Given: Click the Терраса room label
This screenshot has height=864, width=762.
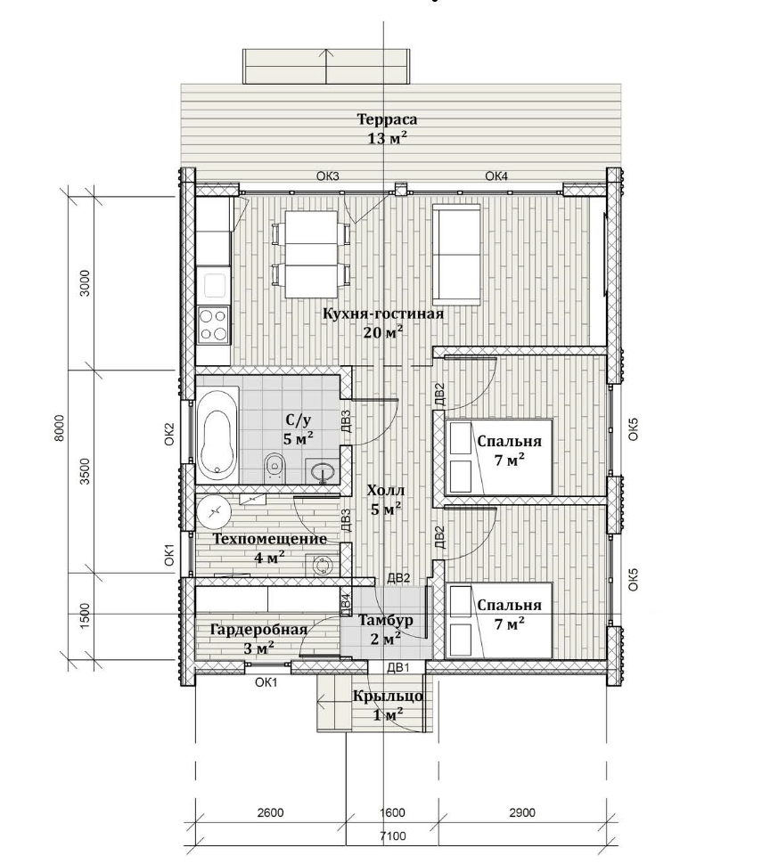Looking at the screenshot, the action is coord(387,119).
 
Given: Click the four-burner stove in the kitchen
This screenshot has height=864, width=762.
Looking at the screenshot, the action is coord(213,324).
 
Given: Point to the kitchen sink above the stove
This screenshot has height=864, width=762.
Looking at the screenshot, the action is coord(213,285).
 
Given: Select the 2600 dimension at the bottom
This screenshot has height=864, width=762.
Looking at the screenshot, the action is coord(270,812).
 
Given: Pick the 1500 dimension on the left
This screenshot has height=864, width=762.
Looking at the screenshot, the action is coord(85,616).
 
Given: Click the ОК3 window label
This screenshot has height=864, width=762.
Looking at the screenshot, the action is coord(327,176).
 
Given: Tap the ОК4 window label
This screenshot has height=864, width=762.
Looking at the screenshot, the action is coord(496,176).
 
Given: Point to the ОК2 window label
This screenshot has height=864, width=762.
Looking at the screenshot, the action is coord(169,434).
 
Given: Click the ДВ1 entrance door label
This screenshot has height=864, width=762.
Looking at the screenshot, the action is coord(398,668).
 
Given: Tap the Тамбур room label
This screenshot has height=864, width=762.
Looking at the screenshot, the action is coord(385,621).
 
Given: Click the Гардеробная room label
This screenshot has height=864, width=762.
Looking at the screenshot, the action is coord(259,630).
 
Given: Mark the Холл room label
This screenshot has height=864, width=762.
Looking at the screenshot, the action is coord(386,491).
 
